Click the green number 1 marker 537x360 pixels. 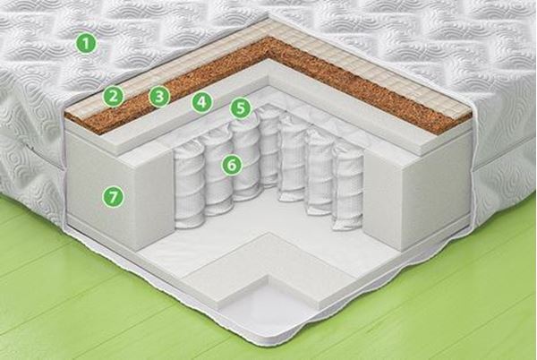click(87, 43)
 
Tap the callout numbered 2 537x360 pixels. click(114, 96)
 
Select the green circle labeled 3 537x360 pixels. click(159, 97)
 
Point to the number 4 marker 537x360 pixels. click(201, 101)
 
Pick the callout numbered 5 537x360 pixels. click(241, 108)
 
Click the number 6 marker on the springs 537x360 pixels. click(232, 165)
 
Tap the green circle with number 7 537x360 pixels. click(113, 197)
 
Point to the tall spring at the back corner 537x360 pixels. click(268, 146)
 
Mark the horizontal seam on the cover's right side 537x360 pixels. click(503, 165)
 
